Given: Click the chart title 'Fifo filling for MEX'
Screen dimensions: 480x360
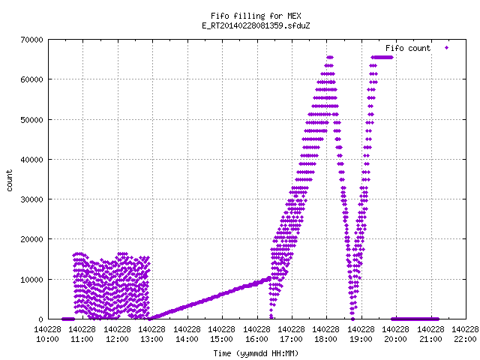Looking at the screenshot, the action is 256,16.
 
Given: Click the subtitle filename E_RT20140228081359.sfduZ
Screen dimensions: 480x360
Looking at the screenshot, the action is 256,25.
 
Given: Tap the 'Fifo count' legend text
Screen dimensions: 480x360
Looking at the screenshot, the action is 408,48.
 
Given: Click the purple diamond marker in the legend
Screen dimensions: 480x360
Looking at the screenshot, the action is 447,48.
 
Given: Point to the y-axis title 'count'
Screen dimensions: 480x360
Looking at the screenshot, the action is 10,181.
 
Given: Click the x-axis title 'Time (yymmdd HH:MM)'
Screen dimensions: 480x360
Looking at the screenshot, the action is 256,353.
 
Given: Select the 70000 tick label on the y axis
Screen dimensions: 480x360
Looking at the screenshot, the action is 31,40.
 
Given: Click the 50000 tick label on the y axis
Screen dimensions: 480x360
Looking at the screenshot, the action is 31,120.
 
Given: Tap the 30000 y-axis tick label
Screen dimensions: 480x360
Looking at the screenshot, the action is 31,199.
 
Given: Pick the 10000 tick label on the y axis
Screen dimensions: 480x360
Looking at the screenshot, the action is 31,280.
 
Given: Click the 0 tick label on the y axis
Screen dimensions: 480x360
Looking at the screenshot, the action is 40,319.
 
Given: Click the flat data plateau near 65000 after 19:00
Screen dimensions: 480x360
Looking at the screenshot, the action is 382,57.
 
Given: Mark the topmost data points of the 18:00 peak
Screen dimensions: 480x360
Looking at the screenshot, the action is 330,57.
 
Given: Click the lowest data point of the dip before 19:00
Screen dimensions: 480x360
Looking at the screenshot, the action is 352,319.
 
